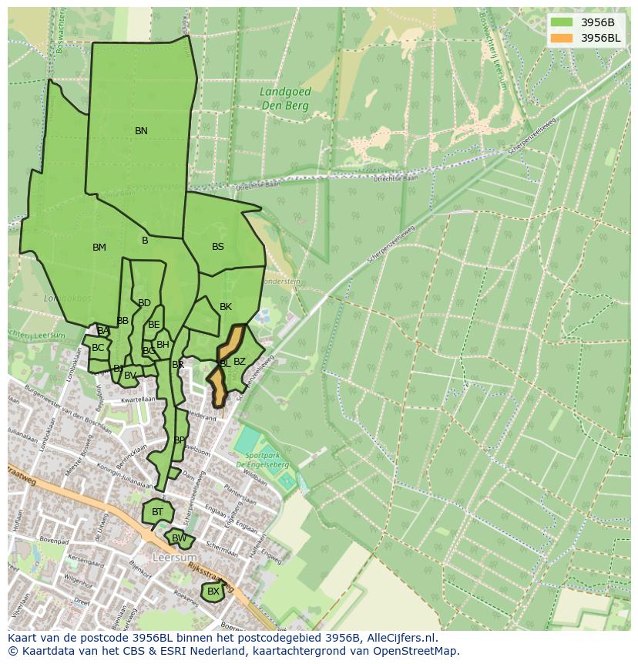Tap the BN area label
[x=141, y=131]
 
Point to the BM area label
[x=99, y=248]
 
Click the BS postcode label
[x=218, y=247]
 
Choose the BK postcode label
[x=226, y=307]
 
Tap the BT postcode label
[x=158, y=512]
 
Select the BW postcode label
[x=179, y=538]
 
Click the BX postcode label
[x=213, y=592]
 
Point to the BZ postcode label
[x=240, y=362]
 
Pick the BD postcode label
[x=144, y=303]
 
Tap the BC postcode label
[x=98, y=348]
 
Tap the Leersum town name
[x=174, y=557]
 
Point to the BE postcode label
[x=154, y=325]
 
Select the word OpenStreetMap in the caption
[x=419, y=651]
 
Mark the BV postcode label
[x=130, y=376]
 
